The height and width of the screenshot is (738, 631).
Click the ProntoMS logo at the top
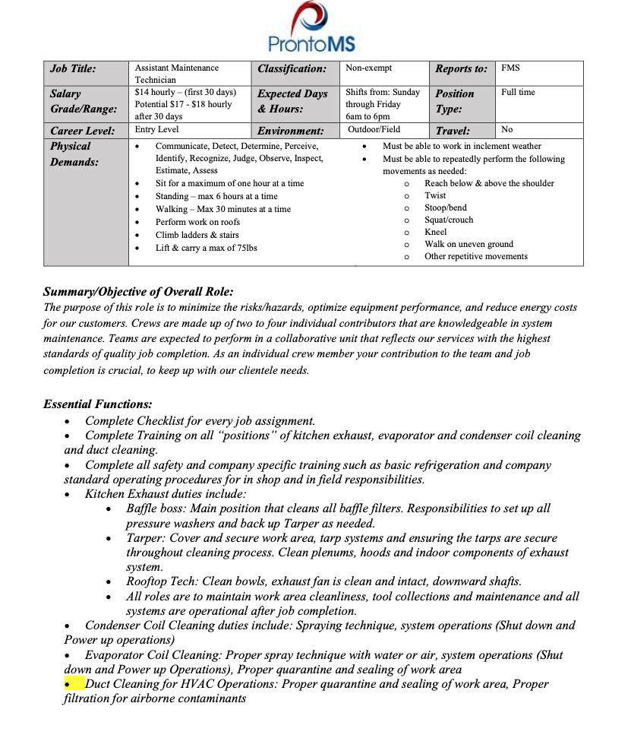coord(311,27)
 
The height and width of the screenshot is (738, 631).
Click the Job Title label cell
coord(73,68)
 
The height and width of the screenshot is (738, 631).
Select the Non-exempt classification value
coord(368,68)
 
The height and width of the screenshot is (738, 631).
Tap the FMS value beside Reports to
coord(510,68)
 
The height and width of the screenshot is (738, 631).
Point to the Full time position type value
coord(518,93)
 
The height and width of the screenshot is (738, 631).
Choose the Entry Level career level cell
coord(156,130)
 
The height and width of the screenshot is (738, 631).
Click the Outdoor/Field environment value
coord(374,130)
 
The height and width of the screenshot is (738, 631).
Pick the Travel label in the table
coord(453,131)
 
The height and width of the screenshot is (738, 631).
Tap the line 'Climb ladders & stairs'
coord(197,235)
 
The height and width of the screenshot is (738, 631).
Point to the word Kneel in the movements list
coord(435,232)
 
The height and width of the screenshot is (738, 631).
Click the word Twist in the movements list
coord(435,195)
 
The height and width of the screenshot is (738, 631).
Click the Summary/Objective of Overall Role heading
coord(138,292)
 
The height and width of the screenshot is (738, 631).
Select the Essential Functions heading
coord(98,404)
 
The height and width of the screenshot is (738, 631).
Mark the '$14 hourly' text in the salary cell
coord(157,92)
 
